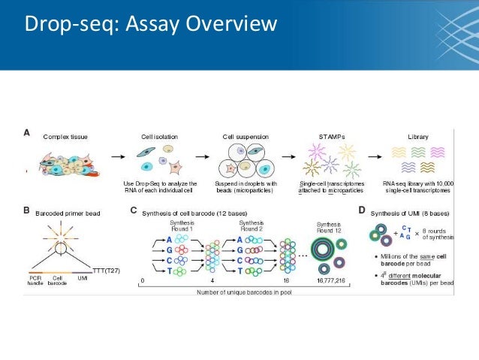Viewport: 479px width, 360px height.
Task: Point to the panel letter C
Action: click(x=134, y=211)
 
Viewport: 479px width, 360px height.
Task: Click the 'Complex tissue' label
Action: click(x=65, y=138)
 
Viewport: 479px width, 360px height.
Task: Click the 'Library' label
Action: click(x=418, y=138)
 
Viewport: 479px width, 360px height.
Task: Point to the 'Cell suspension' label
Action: click(x=246, y=138)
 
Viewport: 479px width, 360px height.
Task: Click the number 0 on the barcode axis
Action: click(x=142, y=280)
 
